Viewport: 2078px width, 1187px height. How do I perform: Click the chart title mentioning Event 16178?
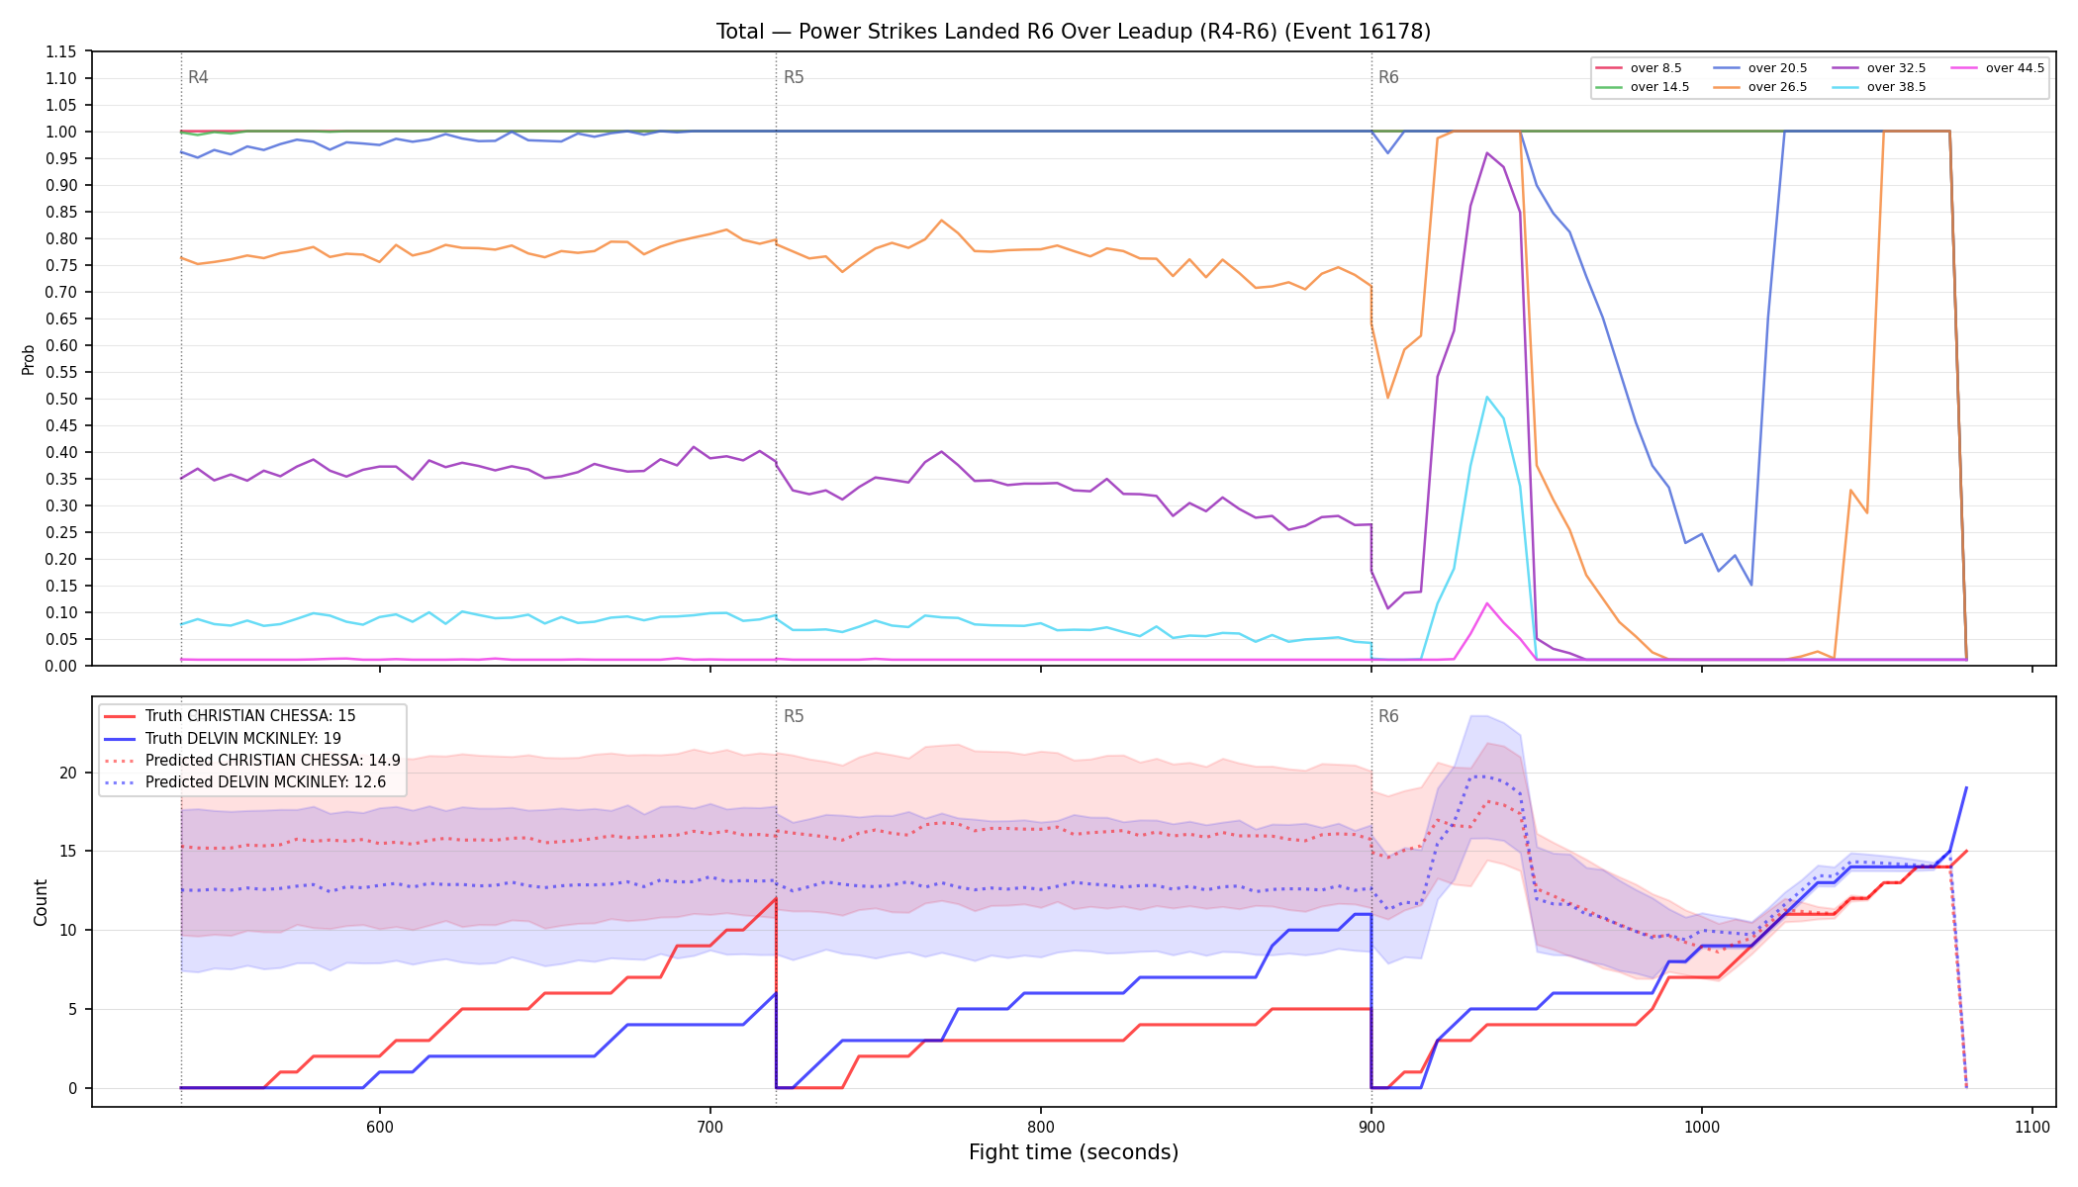[1074, 32]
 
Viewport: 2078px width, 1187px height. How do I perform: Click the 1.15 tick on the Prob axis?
[61, 51]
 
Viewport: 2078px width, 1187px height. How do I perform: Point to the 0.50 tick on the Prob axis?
[61, 399]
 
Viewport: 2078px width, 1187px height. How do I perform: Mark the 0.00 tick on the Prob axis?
[61, 666]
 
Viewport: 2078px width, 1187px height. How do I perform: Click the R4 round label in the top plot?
[198, 77]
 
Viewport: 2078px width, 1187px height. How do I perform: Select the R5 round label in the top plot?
[794, 77]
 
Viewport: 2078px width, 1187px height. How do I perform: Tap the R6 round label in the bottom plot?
[1388, 716]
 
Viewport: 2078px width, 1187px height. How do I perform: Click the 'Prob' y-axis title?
[29, 359]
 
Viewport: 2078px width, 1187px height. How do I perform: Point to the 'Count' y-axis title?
[41, 902]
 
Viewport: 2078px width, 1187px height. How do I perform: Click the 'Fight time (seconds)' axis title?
[1074, 1152]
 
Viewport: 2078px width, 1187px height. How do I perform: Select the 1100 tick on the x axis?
[2031, 1127]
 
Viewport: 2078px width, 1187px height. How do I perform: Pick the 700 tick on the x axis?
[709, 1127]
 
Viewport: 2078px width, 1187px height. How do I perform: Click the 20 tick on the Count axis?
[68, 773]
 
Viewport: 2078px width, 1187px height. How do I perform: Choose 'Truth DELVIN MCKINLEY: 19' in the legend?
[230, 738]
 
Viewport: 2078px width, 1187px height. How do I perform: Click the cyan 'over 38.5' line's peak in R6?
[1487, 397]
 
